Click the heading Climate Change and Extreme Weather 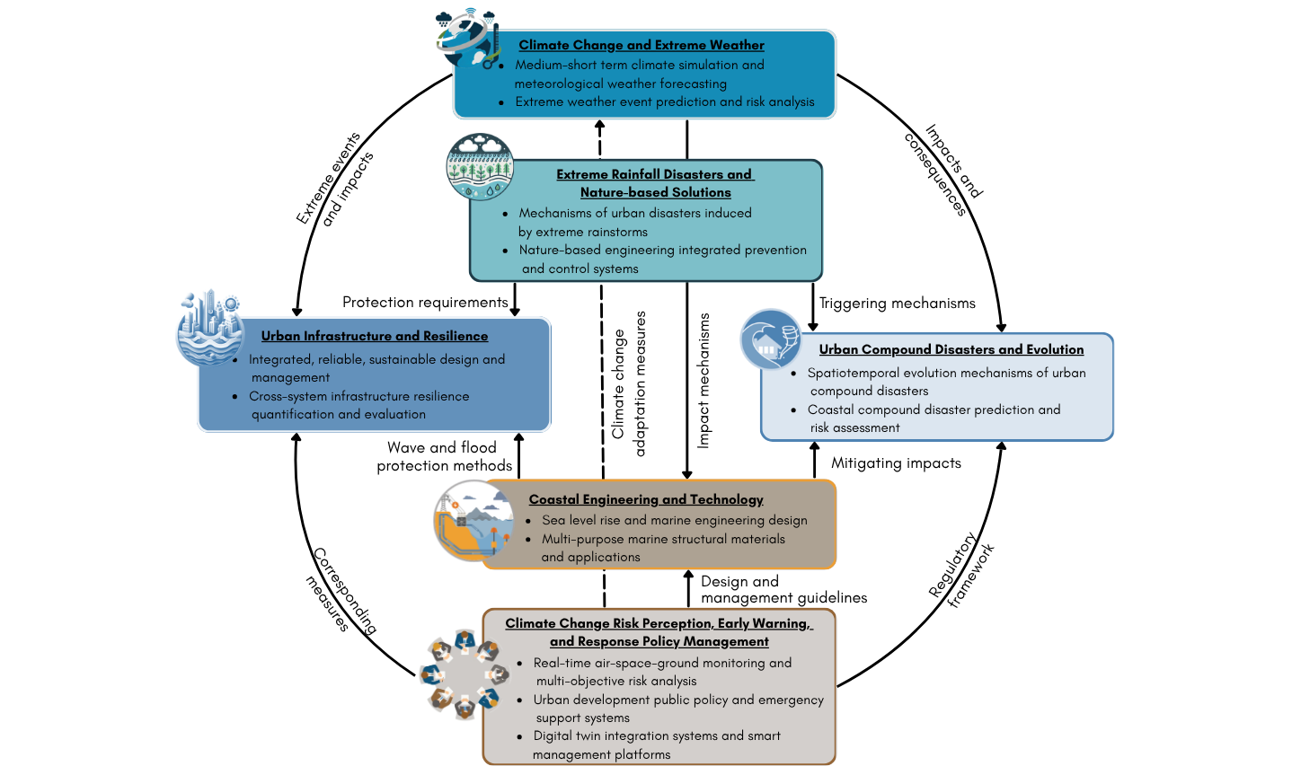point(641,45)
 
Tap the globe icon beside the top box point(468,39)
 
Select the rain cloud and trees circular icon point(480,167)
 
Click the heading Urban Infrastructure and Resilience point(375,336)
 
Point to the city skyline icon point(210,328)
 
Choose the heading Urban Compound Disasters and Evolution point(951,349)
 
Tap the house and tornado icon point(771,339)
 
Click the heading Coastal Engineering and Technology point(646,499)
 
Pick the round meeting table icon point(465,674)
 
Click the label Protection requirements point(425,302)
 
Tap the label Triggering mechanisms point(897,304)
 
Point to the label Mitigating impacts point(896,463)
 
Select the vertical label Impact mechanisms point(704,381)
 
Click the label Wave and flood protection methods point(444,456)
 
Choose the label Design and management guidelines point(783,589)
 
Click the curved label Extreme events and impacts point(335,179)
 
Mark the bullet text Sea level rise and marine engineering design point(674,520)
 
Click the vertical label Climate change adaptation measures point(628,384)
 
